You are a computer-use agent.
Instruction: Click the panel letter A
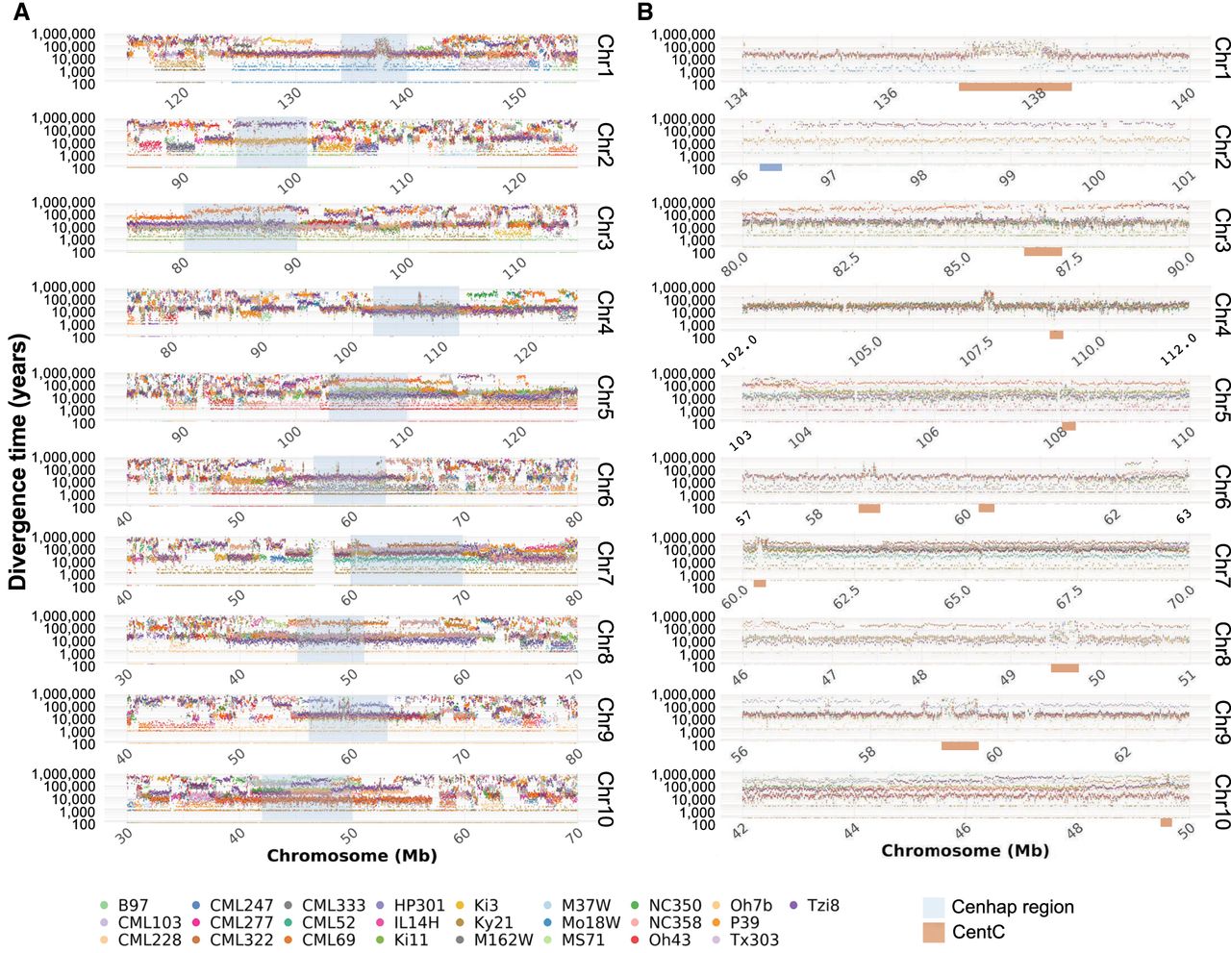(19, 13)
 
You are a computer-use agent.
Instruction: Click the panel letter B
(645, 13)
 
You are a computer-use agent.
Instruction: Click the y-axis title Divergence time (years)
(17, 462)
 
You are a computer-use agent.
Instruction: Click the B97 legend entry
(124, 905)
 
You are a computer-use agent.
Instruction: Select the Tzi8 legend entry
(814, 905)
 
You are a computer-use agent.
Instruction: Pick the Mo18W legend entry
(581, 922)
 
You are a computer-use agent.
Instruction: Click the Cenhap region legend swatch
(934, 907)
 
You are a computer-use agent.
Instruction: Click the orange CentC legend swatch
(934, 932)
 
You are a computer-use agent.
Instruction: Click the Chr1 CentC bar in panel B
(1015, 87)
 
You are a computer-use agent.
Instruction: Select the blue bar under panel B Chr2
(770, 167)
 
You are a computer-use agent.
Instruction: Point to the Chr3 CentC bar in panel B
(1043, 252)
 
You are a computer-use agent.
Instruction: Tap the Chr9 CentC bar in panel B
(960, 745)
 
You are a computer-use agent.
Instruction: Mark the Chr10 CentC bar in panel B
(1166, 822)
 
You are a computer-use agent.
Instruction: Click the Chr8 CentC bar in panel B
(1065, 667)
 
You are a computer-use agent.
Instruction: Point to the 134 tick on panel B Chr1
(738, 97)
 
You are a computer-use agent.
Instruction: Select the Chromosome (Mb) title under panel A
(352, 855)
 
